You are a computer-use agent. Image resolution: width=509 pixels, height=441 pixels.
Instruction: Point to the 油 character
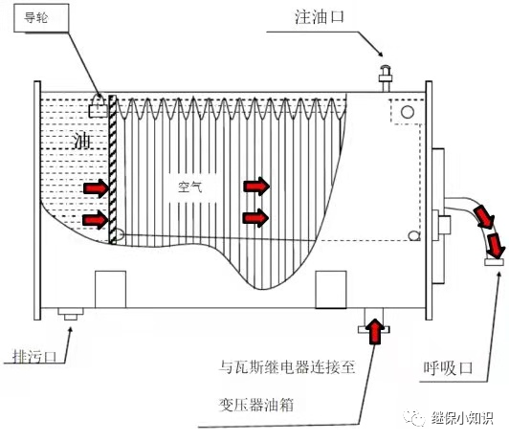pyautogui.click(x=83, y=141)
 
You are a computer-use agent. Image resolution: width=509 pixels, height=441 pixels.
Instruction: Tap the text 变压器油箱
pyautogui.click(x=257, y=406)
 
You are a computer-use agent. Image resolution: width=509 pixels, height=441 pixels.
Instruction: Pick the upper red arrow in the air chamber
pyautogui.click(x=255, y=185)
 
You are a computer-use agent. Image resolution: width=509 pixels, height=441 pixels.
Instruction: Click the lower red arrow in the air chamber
pyautogui.click(x=255, y=217)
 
